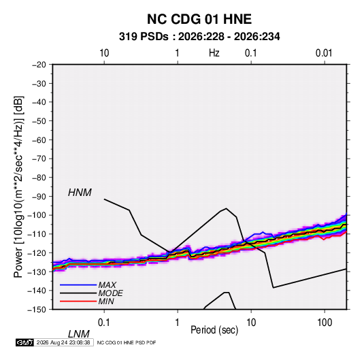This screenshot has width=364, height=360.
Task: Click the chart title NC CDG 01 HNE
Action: pos(199,19)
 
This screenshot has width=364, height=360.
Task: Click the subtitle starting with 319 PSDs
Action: pos(199,37)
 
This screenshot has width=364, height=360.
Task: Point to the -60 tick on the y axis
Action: pos(39,140)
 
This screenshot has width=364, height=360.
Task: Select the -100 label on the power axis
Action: pos(37,215)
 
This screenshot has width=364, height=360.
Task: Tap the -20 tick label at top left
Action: pos(39,65)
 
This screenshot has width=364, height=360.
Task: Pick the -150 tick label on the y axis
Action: pos(37,310)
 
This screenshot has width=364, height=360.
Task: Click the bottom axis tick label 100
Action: pos(325,323)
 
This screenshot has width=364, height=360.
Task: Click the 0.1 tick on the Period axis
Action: pos(104,323)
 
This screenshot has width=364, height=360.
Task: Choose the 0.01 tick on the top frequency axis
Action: pos(324,53)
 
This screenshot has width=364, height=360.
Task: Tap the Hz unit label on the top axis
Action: pos(214,53)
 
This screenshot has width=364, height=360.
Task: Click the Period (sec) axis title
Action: pos(214,330)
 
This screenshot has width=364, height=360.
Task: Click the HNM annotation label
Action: pos(80,193)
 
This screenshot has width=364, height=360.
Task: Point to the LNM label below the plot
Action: pos(78,334)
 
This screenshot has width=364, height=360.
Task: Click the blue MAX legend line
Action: pos(78,285)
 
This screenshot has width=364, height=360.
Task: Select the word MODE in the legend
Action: pos(110,293)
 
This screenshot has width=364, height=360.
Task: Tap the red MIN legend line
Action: pos(78,301)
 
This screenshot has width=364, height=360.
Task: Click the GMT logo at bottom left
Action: pos(24,342)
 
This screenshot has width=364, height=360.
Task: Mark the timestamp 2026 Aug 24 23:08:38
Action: pos(63,342)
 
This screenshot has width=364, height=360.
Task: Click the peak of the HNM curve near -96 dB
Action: pos(226,208)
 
